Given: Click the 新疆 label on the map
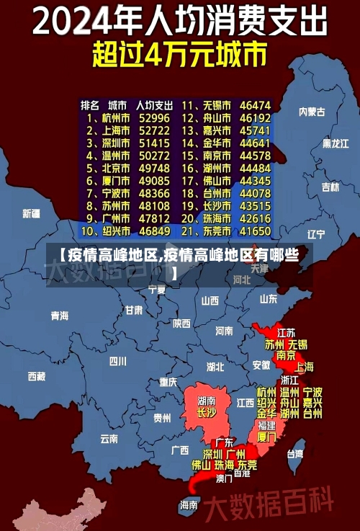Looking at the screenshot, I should pos(31,213).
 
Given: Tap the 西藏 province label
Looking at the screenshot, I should pos(37,375).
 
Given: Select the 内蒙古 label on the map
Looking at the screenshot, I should pos(312,112).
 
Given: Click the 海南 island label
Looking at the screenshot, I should pos(189,504).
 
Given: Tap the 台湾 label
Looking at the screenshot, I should pos(295,453).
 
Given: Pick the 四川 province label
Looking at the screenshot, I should pos(118,360).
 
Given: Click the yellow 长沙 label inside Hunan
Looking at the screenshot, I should pos(207,413).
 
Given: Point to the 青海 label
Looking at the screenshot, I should pos(60,316).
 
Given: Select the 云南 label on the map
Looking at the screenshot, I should pos(109,438).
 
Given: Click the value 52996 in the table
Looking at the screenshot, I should pos(154,117).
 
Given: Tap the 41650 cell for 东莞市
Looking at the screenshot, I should pos(255,231).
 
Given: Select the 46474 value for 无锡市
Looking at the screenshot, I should pos(255,104).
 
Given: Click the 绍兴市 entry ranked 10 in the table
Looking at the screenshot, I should pos(114,231).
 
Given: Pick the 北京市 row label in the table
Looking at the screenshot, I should pos(114,168).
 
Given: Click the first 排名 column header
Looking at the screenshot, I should pos(90,104).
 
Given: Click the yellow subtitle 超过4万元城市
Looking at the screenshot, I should pos(179,55).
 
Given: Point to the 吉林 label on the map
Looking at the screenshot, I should pos(330,187).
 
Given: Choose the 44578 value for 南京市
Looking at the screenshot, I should pos(255,155).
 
